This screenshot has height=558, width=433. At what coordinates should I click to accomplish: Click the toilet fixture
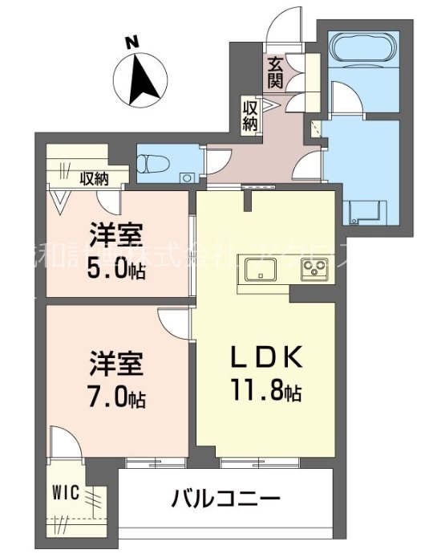(x=152, y=163)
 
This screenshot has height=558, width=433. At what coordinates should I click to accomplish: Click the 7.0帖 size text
(x=115, y=397)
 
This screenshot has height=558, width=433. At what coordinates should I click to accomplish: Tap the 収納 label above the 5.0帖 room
(x=94, y=179)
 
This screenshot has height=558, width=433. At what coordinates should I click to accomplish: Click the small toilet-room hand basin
(x=187, y=177)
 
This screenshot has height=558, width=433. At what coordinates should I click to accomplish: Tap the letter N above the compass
(x=134, y=42)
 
